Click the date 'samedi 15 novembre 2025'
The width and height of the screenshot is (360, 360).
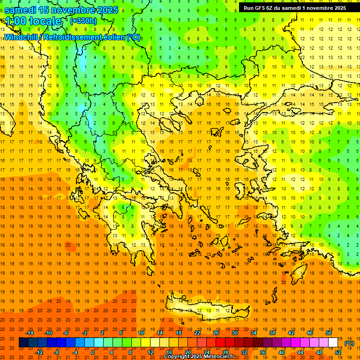point(61,10)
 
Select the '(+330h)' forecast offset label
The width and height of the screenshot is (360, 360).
point(83,21)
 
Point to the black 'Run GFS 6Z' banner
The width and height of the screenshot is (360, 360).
point(295,7)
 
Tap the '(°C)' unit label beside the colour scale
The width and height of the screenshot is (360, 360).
point(349,343)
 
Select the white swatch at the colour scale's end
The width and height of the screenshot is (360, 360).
point(333,343)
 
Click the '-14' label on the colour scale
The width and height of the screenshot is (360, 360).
point(30,333)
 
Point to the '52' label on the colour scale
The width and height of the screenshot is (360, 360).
point(338,352)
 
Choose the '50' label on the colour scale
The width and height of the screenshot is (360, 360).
point(329,333)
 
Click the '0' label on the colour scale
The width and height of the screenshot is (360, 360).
point(93,352)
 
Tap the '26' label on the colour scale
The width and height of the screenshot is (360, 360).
point(216,333)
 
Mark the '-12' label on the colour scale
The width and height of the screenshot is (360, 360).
point(39,352)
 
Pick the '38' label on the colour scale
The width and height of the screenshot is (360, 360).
point(272,333)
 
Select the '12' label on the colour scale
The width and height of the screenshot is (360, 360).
point(150,352)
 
